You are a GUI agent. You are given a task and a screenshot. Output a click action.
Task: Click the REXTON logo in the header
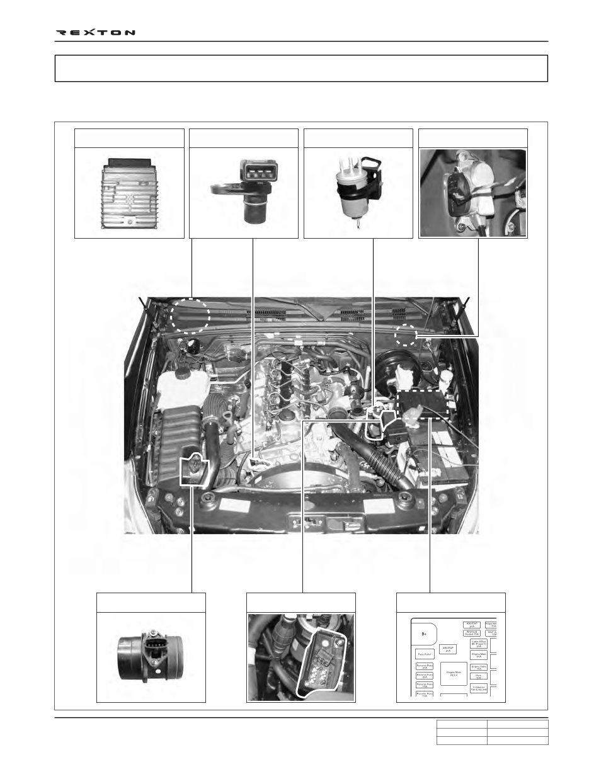(96, 32)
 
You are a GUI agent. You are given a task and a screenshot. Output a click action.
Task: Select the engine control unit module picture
(129, 192)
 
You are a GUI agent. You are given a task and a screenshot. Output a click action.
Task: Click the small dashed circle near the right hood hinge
(406, 336)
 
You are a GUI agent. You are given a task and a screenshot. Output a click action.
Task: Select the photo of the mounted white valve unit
(472, 193)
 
